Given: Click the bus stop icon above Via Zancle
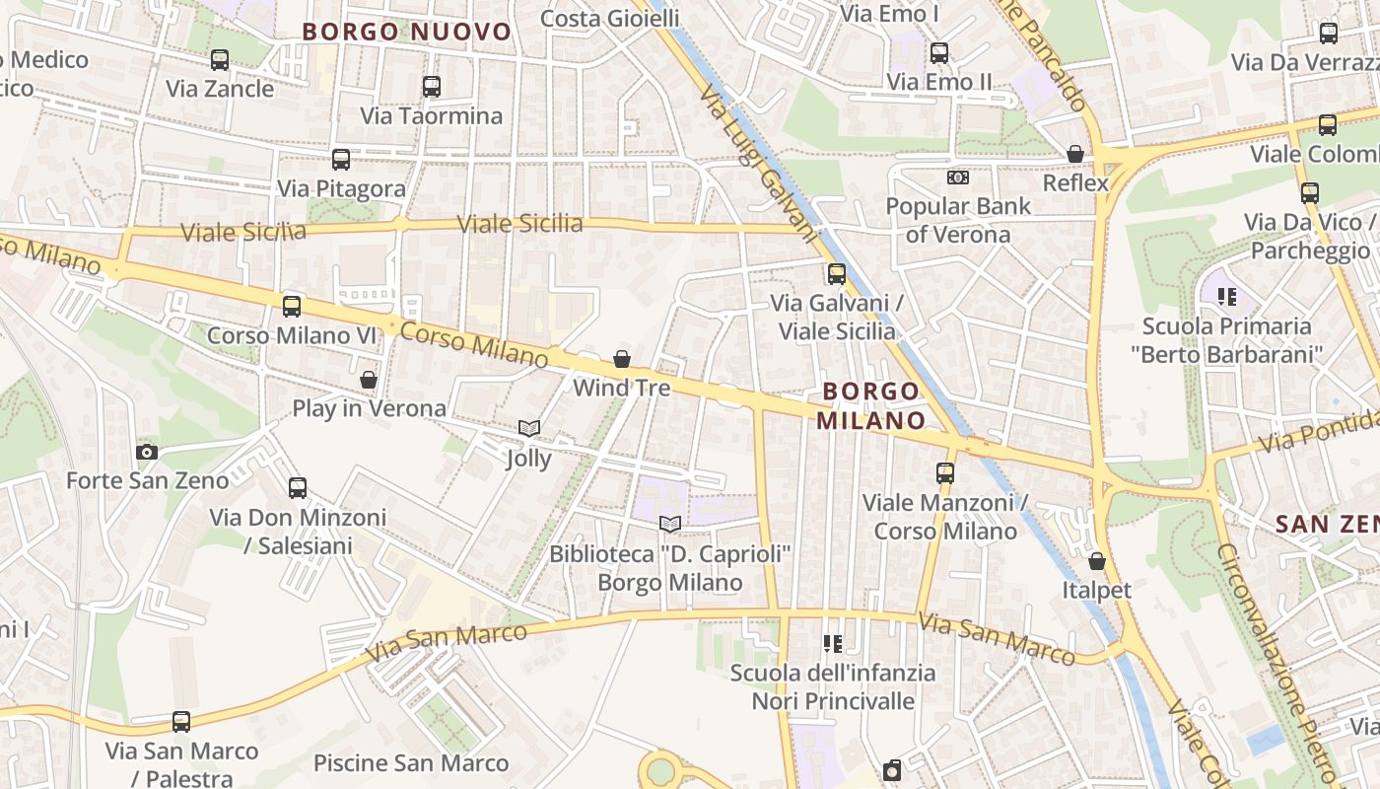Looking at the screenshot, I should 220,60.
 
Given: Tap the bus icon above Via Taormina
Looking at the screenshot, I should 432,87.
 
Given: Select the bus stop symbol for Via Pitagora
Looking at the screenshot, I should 341,159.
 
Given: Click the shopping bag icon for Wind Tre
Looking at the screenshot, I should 622,359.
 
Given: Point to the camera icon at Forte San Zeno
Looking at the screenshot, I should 147,452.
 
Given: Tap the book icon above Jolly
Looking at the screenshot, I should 529,428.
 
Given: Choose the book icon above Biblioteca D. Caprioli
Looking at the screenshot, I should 670,524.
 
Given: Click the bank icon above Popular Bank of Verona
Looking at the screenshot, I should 957,178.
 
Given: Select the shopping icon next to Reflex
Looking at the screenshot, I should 1075,154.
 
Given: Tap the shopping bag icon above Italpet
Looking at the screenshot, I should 1097,561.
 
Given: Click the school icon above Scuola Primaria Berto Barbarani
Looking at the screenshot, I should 1227,296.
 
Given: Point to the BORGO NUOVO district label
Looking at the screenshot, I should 407,32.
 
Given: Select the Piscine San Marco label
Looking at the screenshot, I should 411,762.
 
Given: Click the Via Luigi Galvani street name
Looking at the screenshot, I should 760,164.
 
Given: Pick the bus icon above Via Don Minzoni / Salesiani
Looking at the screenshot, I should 298,487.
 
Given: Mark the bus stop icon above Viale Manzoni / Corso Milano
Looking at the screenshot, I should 945,472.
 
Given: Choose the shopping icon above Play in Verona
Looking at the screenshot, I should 369,379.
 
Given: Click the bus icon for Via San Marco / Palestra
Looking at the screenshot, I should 181,721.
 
